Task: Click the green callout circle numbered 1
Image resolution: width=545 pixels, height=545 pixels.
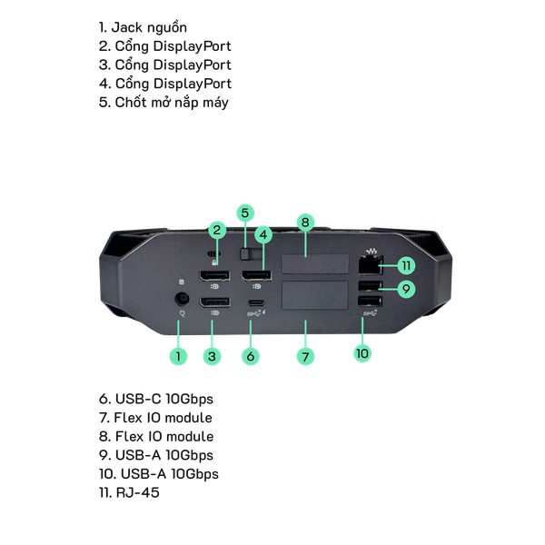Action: tap(178, 357)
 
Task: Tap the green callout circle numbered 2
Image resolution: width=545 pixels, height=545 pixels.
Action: tap(217, 230)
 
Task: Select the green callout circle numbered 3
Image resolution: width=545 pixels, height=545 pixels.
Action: tap(212, 357)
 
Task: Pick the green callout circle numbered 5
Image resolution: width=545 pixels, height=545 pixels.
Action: tap(244, 213)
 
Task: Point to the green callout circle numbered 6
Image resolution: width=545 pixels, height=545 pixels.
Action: tap(251, 357)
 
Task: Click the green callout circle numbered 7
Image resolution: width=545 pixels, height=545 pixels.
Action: tap(306, 357)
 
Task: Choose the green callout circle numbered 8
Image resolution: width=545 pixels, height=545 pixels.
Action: tap(306, 222)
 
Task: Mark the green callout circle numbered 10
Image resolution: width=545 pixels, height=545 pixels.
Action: tap(362, 352)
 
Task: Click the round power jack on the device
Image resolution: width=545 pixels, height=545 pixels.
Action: tap(181, 299)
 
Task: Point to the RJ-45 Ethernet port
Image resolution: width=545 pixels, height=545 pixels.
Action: tap(370, 265)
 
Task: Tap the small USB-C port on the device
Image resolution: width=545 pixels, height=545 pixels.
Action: tap(257, 303)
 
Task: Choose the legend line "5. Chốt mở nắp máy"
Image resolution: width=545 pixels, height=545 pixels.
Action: tap(163, 102)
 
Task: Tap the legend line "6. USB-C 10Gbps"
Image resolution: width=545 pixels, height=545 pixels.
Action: tap(156, 399)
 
